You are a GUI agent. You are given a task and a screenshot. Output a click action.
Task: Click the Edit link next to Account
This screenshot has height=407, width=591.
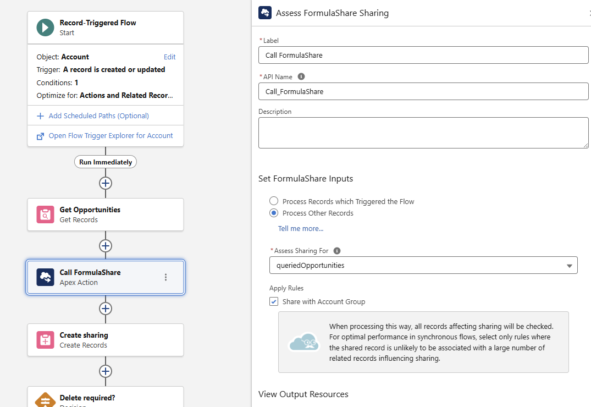point(169,57)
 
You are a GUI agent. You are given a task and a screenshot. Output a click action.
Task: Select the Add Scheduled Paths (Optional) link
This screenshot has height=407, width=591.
point(98,116)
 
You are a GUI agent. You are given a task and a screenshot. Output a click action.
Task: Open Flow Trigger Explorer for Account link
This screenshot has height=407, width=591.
point(111,135)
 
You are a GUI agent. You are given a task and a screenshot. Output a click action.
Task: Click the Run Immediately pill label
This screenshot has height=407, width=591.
point(106,162)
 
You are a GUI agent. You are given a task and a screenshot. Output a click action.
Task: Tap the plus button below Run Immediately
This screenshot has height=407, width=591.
point(106,183)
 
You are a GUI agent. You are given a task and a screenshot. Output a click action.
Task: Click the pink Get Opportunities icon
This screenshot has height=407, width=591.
point(45,215)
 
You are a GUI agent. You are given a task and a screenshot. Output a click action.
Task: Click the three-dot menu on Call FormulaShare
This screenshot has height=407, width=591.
point(166,277)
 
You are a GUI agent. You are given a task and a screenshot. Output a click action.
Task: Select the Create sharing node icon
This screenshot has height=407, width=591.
point(45,340)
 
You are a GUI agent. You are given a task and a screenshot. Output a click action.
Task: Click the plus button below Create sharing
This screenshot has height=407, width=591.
point(106,371)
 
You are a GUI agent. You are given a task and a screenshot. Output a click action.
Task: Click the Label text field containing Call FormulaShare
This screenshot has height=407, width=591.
point(423,55)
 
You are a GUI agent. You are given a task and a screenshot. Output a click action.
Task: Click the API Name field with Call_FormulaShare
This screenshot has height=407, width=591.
point(423,91)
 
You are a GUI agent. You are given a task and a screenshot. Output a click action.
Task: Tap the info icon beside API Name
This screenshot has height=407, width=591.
point(301,76)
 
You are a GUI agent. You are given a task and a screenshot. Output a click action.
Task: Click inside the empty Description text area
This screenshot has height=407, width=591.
point(423,133)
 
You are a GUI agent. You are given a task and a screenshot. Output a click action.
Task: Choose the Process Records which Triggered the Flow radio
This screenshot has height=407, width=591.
point(274,201)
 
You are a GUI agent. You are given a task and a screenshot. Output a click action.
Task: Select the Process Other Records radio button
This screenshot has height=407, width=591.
point(274,213)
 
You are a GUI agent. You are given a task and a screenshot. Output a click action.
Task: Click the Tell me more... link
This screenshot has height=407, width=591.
point(301,228)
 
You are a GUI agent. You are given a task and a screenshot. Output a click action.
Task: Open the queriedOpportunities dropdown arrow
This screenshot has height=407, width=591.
point(569,266)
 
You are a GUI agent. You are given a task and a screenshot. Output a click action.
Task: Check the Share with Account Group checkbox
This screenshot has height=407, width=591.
point(274,301)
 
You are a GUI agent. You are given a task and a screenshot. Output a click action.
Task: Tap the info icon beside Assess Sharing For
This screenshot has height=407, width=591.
point(337,250)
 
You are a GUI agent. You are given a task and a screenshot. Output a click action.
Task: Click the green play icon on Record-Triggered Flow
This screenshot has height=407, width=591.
point(45,28)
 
